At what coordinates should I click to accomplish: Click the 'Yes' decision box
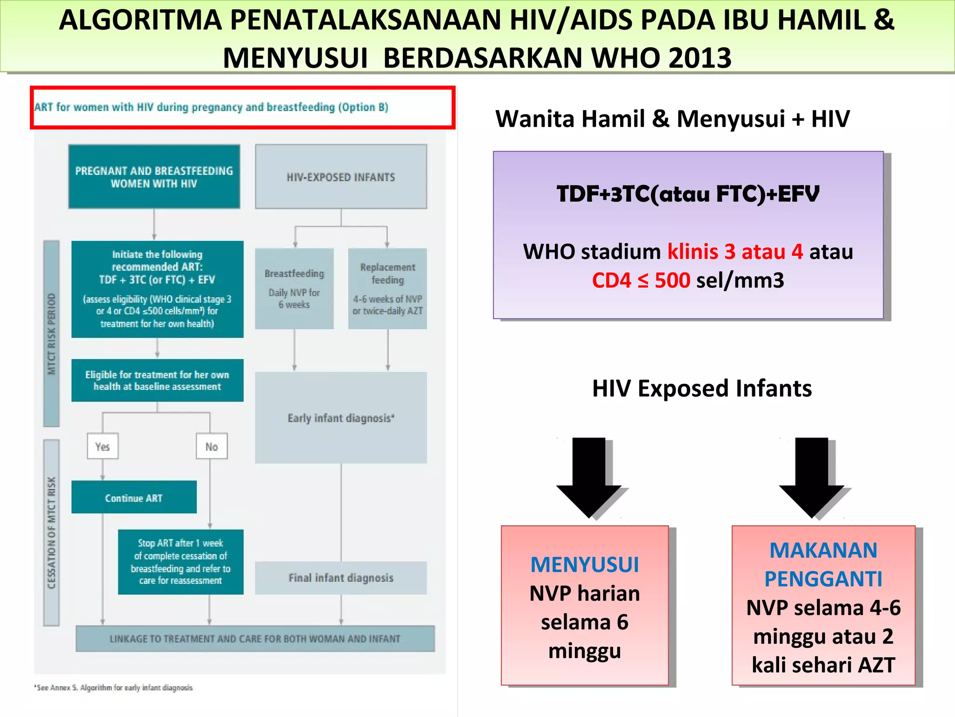[x=103, y=446]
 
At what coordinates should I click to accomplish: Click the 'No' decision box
[x=212, y=446]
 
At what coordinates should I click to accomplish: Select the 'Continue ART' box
[x=134, y=498]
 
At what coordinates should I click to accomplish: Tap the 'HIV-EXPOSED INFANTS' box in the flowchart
[x=341, y=176]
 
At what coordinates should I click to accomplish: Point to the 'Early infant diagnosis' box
[x=341, y=417]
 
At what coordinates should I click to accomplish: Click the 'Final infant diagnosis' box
[x=341, y=577]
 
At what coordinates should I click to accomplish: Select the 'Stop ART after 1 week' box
[x=180, y=562]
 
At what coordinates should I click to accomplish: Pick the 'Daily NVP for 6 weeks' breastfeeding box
[x=294, y=289]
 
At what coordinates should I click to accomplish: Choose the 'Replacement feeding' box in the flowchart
[x=388, y=289]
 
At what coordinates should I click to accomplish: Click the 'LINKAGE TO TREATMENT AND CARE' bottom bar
[x=255, y=638]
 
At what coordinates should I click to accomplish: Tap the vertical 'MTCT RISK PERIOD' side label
[x=51, y=333]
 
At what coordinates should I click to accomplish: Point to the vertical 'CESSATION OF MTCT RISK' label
[x=51, y=532]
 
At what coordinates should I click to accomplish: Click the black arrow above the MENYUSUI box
[x=588, y=476]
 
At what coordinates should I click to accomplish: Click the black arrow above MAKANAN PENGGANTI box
[x=811, y=476]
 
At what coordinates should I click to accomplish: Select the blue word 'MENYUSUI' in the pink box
[x=585, y=564]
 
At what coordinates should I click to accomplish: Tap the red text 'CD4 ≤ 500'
[x=641, y=281]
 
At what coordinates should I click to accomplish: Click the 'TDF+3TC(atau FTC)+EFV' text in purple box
[x=688, y=194]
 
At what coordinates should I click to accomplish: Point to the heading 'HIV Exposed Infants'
[x=702, y=388]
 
